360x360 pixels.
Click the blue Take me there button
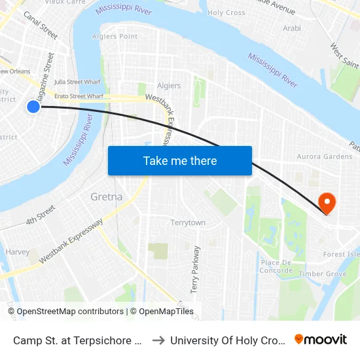click(180, 160)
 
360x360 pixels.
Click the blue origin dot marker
click(33, 106)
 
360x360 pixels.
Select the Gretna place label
click(106, 197)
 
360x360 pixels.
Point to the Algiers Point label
click(118, 37)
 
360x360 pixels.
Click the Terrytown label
click(188, 223)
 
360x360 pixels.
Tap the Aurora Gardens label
click(325, 156)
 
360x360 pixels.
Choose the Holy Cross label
click(226, 12)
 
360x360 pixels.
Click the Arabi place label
click(291, 28)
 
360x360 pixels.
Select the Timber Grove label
click(322, 274)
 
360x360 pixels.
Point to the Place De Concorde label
click(276, 266)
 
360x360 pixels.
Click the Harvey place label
click(17, 252)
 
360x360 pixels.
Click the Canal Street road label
click(41, 26)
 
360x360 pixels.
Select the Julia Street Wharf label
click(77, 82)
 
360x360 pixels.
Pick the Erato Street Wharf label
click(79, 96)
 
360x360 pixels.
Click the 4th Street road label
click(41, 214)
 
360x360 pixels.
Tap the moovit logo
click(321, 339)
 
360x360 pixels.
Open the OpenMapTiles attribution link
click(162, 312)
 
